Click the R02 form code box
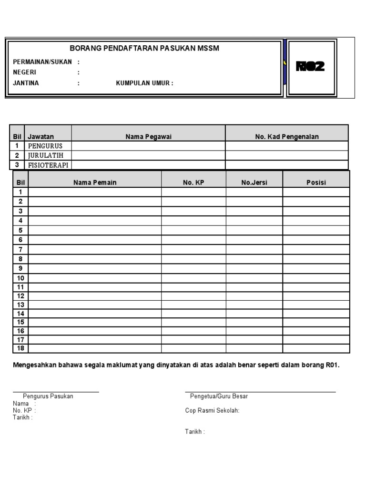[311, 67]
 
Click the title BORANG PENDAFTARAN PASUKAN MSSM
[144, 49]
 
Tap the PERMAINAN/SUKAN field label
[42, 62]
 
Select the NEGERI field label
[25, 72]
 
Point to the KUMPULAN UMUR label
[144, 83]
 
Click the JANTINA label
[26, 83]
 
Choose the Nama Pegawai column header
[148, 137]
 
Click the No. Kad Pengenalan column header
[287, 137]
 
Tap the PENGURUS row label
[45, 146]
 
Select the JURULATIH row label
[46, 155]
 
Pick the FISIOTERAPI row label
[48, 165]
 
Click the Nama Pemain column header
[95, 183]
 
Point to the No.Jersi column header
[254, 183]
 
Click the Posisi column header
[316, 183]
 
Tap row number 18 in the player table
[21, 348]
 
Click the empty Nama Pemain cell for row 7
[95, 249]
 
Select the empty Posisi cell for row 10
[316, 278]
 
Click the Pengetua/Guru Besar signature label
[219, 396]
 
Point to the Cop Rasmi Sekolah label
[212, 411]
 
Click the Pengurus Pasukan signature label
[48, 396]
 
